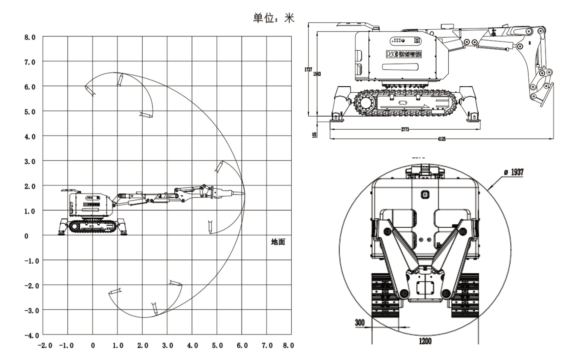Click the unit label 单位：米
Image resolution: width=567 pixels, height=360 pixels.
pos(273,18)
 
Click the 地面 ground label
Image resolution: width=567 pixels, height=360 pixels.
pos(278,242)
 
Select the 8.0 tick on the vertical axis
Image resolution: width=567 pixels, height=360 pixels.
pos(30,37)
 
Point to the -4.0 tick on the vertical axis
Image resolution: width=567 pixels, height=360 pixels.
pos(32,335)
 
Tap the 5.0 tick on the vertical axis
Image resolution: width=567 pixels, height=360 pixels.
pos(30,112)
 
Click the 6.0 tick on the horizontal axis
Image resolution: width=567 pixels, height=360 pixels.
pos(242,346)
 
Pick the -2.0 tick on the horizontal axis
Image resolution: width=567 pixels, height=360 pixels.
pos(45,346)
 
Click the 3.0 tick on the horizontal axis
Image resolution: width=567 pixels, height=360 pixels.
pos(168,346)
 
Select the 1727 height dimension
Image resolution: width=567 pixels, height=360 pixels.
pos(308,69)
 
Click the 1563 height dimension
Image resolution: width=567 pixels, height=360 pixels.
pos(317,74)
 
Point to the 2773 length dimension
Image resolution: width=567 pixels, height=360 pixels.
pos(405,129)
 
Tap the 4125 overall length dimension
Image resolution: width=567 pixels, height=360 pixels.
pos(442,139)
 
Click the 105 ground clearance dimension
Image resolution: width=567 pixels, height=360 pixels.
pos(315,134)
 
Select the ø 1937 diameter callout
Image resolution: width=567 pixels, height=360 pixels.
pos(514,172)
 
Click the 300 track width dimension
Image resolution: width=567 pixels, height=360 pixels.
pos(360,323)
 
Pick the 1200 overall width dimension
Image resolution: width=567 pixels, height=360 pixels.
pos(425,341)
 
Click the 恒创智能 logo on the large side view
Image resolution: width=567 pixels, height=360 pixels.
pos(404,54)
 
